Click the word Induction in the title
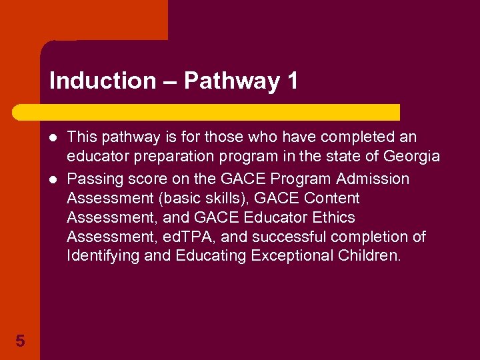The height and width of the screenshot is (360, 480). pos(102,81)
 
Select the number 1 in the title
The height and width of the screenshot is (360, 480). pos(292,81)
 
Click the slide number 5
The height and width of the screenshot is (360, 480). pos(20,341)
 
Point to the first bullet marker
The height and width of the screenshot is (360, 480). pos(54,138)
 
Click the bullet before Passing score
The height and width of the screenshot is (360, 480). pos(54,179)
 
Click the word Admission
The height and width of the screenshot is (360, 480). pos(373,179)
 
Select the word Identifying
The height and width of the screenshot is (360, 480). pos(103,256)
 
